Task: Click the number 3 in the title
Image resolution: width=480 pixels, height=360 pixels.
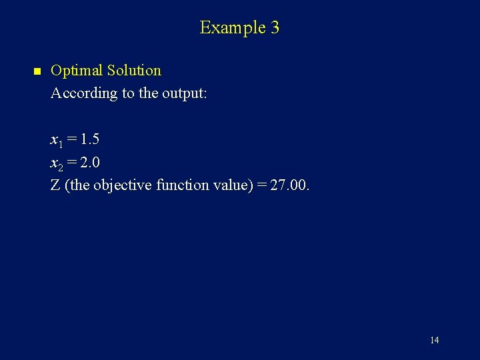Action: [x=275, y=28]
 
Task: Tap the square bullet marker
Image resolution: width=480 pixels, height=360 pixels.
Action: [x=37, y=71]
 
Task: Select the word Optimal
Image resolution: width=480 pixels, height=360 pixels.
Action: [x=77, y=71]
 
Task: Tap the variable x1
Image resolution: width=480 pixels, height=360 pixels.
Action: [x=56, y=140]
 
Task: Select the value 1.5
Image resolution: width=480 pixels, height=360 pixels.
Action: [x=89, y=139]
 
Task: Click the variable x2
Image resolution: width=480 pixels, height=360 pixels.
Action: [x=56, y=163]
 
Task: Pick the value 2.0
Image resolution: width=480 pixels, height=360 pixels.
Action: [x=90, y=162]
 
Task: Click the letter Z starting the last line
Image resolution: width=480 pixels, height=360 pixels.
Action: [x=55, y=185]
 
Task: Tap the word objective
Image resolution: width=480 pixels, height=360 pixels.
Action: [x=123, y=185]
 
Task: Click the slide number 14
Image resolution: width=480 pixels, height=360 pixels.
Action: [x=434, y=341]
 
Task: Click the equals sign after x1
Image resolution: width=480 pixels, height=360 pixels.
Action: [x=71, y=139]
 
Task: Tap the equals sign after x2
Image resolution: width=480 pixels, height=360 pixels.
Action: [x=71, y=162]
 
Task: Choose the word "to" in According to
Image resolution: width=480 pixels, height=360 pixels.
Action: [x=128, y=93]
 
